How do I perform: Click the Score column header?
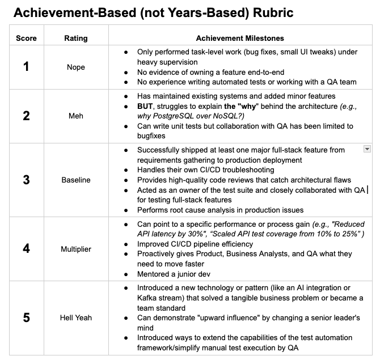(x=26, y=38)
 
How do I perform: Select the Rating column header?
(x=76, y=38)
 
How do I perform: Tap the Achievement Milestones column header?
(x=240, y=38)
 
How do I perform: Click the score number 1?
(x=26, y=67)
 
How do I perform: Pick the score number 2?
(x=26, y=116)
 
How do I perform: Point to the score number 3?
(x=26, y=180)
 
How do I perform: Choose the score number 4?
(x=26, y=249)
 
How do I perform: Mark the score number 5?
(x=26, y=317)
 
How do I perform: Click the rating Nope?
(x=76, y=67)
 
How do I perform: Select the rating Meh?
(x=76, y=116)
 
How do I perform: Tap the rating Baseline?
(x=76, y=180)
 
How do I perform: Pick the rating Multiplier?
(x=76, y=249)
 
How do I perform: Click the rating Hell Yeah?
(x=76, y=317)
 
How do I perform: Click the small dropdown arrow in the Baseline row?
(x=367, y=149)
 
